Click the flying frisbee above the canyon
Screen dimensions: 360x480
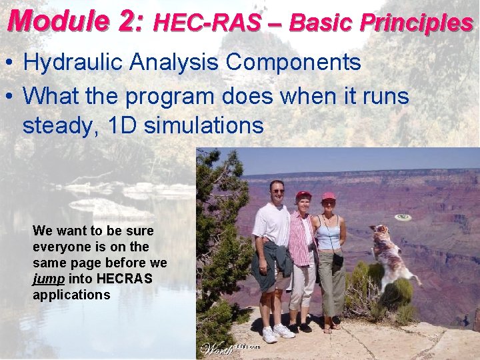click(x=403, y=217)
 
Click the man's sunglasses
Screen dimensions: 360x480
click(x=277, y=191)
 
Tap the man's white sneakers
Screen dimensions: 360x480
click(x=277, y=331)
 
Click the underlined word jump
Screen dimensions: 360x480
click(x=49, y=279)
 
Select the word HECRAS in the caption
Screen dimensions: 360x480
click(x=131, y=279)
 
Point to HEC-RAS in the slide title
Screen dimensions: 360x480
click(x=207, y=23)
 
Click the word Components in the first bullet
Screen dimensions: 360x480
click(x=293, y=63)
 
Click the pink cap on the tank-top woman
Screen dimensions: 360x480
click(x=329, y=197)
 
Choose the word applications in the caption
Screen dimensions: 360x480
click(x=71, y=295)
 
